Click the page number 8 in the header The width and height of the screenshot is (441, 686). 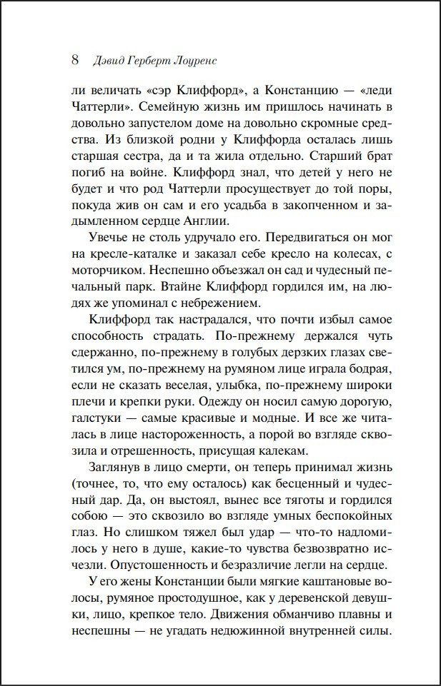[75, 59]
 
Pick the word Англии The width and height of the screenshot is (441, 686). [204, 239]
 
